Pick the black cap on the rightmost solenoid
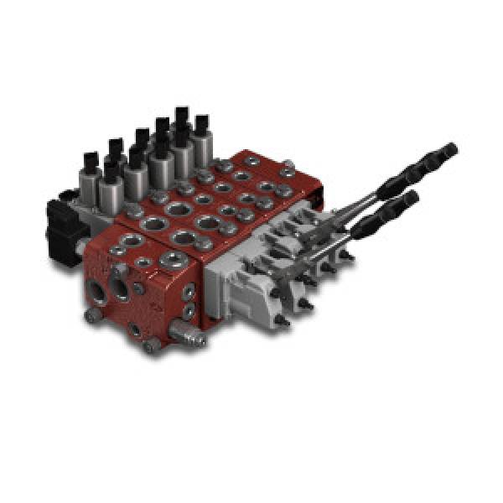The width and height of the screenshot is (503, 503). pos(201,124)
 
